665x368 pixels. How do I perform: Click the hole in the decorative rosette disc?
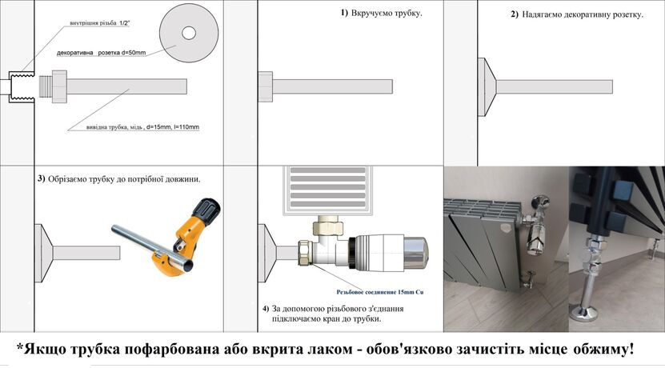coord(190,33)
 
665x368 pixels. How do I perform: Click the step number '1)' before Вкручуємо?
coord(344,14)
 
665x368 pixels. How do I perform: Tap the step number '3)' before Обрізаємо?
coord(41,178)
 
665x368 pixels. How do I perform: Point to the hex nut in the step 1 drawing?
coord(266,86)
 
